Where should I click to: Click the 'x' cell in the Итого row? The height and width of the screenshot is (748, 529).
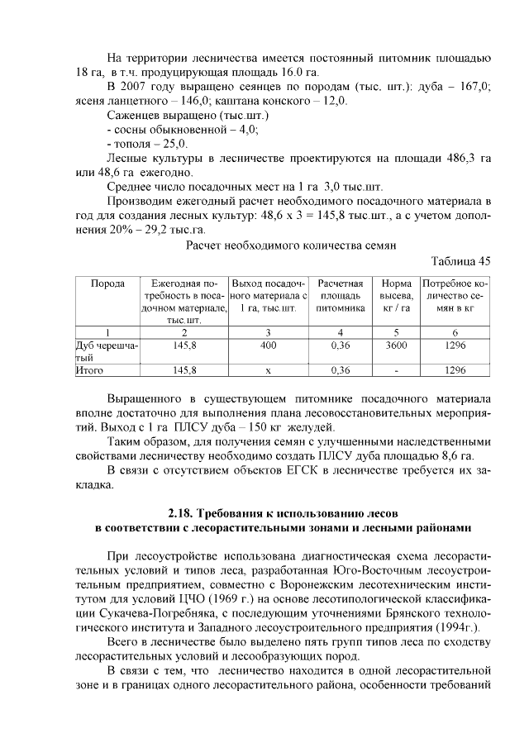click(268, 370)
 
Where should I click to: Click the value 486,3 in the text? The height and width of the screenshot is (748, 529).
click(450, 157)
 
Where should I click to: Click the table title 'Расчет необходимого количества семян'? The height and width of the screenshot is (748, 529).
click(290, 245)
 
